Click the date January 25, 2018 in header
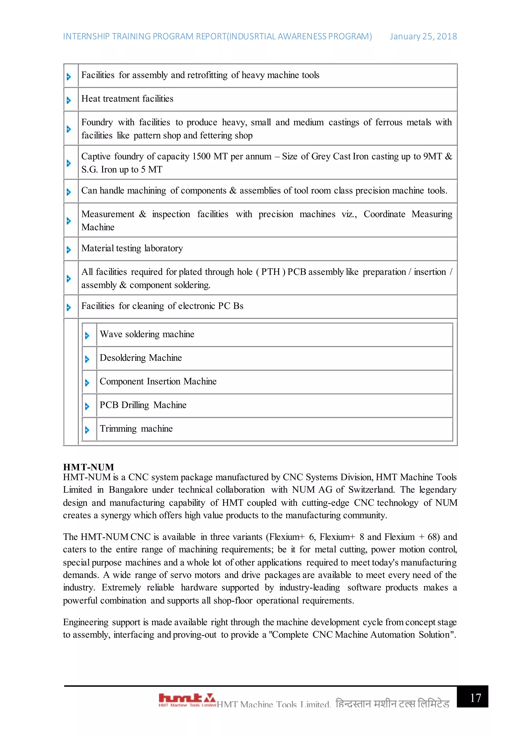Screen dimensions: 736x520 [423, 36]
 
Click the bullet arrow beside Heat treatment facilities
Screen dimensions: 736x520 [69, 100]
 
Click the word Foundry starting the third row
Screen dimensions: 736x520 [97, 122]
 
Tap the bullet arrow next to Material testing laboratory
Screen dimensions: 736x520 [69, 249]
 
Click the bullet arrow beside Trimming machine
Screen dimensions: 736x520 [87, 430]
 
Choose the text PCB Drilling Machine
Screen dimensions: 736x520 [143, 405]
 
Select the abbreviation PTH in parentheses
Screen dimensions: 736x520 [271, 272]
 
